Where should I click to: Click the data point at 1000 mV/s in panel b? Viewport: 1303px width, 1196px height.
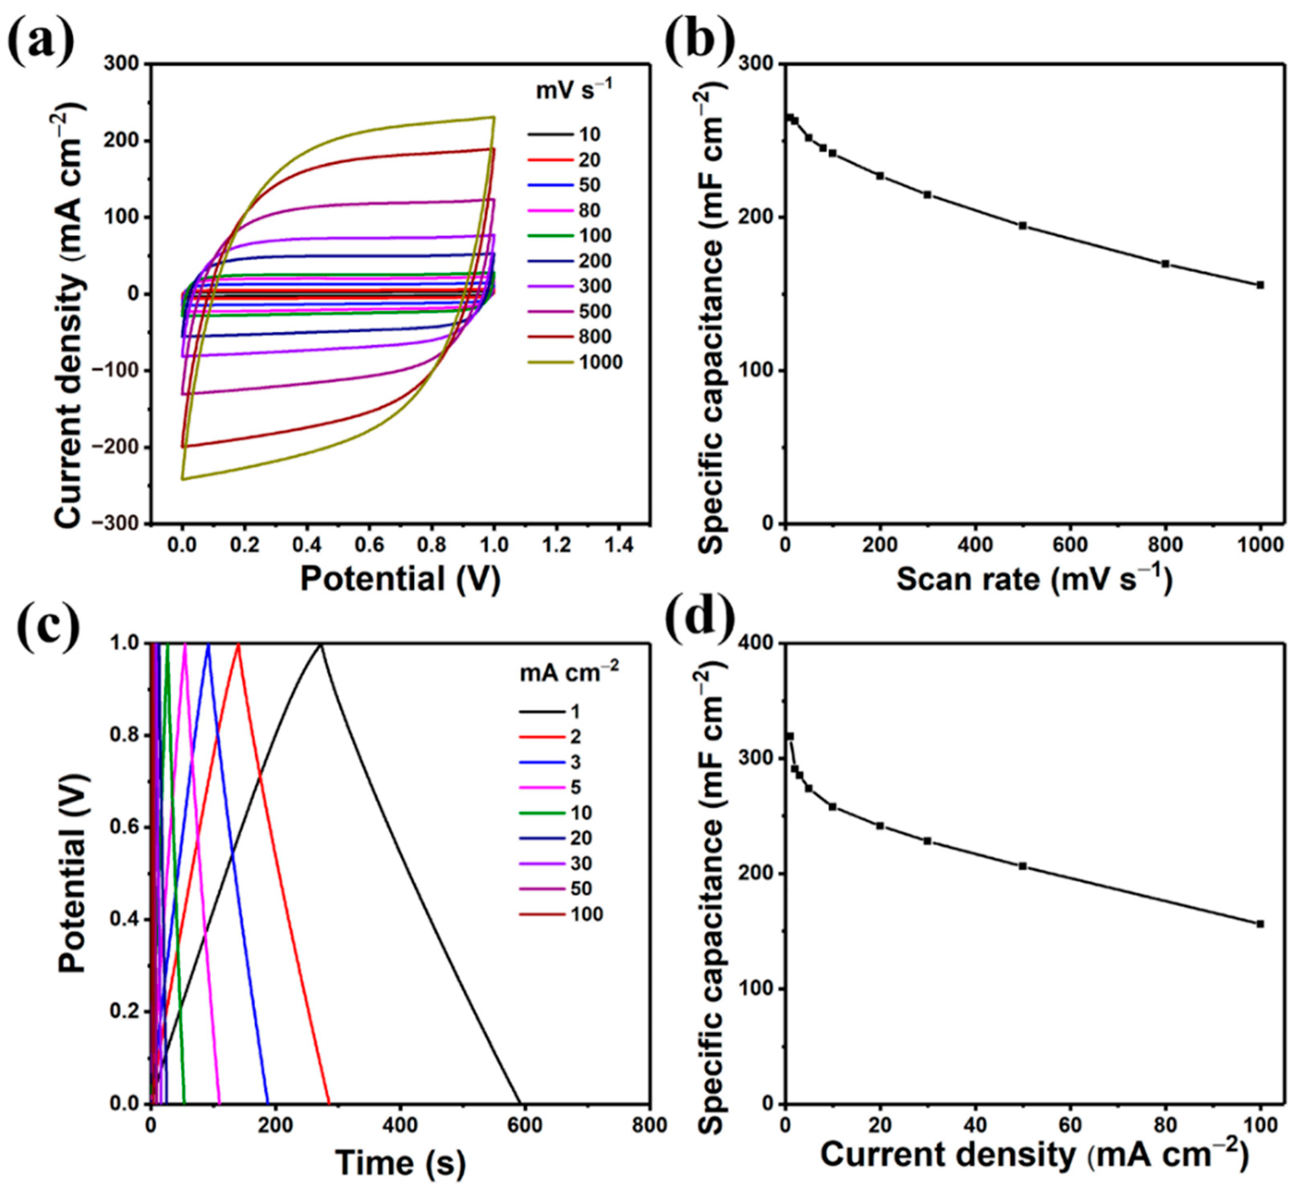coord(1260,285)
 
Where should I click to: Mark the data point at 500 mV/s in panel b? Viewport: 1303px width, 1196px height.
coord(1022,225)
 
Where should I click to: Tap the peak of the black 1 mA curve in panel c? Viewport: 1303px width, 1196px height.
coord(320,644)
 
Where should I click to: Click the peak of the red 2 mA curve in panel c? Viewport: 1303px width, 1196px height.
coord(238,644)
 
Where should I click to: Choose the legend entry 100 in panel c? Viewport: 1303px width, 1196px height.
coord(587,915)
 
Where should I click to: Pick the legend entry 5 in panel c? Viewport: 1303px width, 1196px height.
coord(575,788)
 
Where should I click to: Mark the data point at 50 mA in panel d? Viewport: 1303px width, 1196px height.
coord(1022,866)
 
